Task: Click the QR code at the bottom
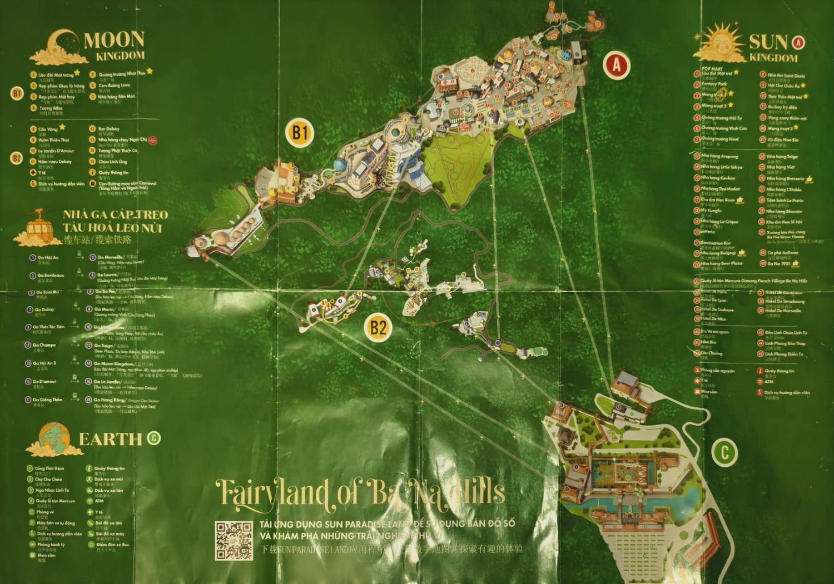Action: (x=234, y=540)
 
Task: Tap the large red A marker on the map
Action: (x=616, y=65)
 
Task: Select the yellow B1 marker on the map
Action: (x=300, y=133)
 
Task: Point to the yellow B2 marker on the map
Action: (x=378, y=327)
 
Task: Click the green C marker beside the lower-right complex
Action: (x=724, y=453)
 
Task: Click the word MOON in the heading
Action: (x=115, y=40)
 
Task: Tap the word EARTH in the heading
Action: (x=110, y=439)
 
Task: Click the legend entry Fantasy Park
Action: (x=714, y=84)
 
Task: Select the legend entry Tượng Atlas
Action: (x=51, y=108)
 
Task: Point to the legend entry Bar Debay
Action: (x=109, y=129)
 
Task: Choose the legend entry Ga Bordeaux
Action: (x=50, y=275)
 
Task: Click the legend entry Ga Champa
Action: (x=45, y=345)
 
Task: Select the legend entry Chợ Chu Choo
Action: (x=48, y=479)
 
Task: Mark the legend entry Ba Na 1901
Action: (x=778, y=263)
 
